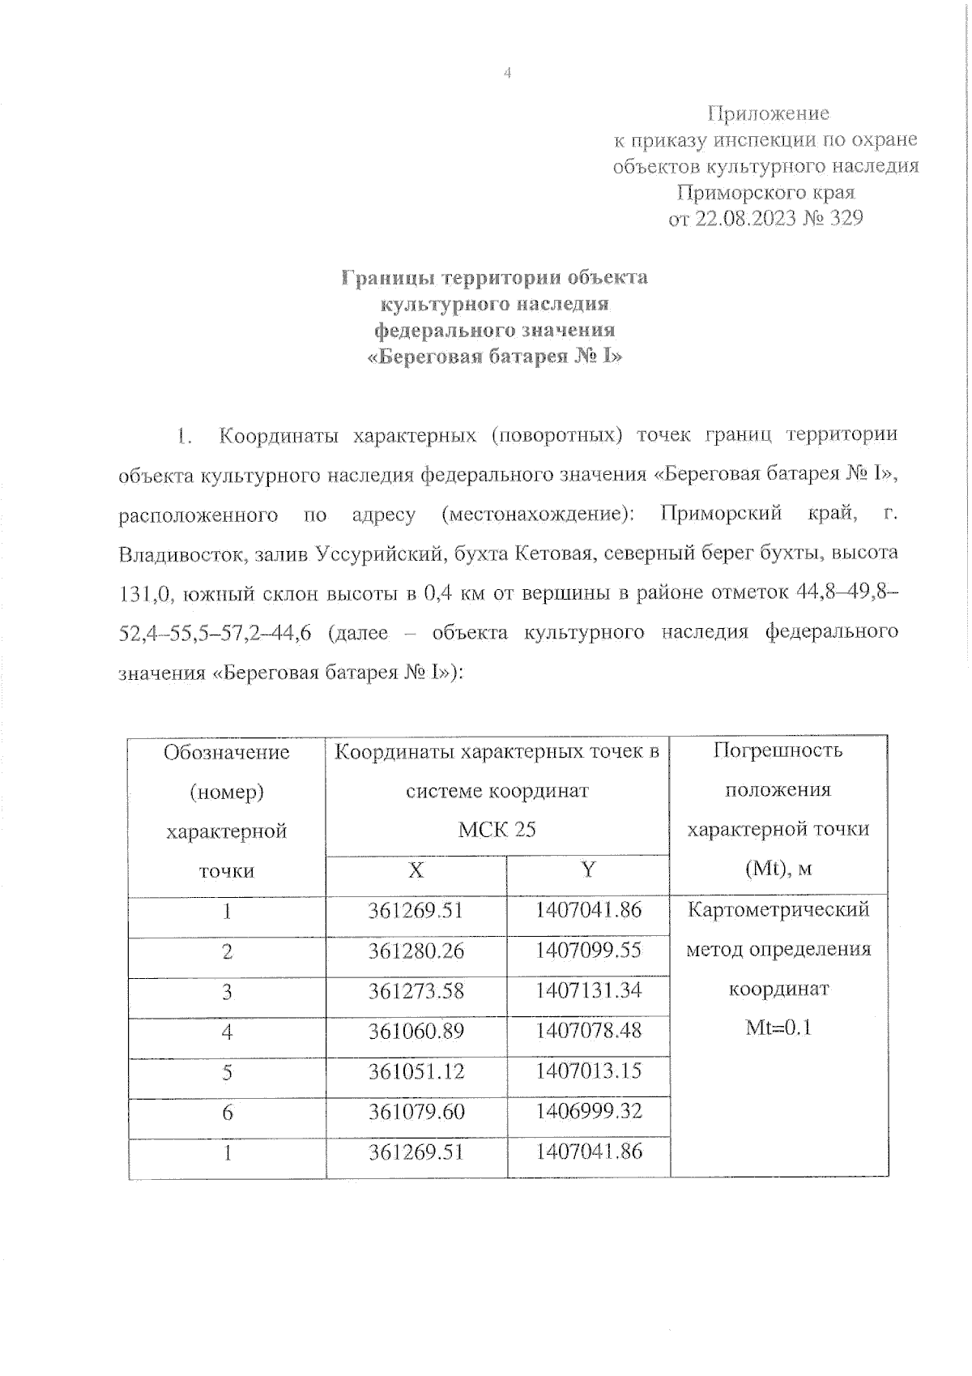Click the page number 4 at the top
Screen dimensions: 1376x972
508,74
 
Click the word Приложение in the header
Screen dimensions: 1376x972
768,113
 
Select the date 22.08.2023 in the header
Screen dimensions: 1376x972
744,219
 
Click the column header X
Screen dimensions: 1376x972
416,870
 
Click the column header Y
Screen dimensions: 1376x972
588,870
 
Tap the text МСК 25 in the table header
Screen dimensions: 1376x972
497,830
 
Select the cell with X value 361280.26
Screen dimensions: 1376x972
416,951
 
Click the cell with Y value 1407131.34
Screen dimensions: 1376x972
588,989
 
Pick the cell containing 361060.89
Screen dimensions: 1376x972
416,1032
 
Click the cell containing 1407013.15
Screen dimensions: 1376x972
588,1070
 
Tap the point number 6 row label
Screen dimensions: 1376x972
227,1113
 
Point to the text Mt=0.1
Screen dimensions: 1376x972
778,1028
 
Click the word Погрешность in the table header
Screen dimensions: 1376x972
778,750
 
